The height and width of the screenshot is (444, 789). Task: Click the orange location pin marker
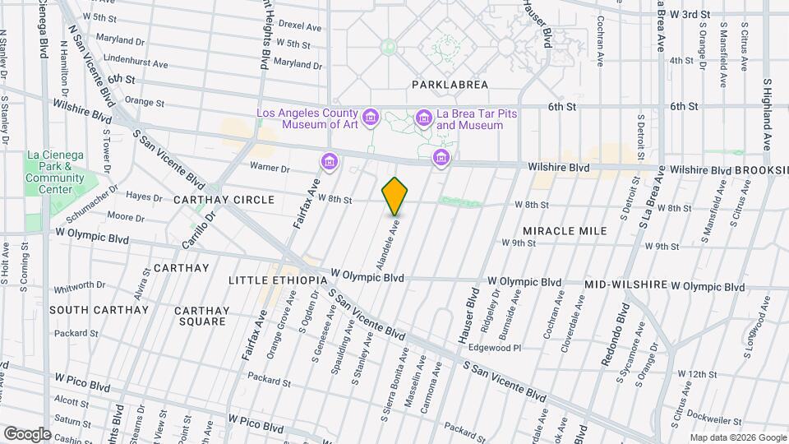[394, 197]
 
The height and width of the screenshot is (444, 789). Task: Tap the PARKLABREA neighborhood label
[450, 85]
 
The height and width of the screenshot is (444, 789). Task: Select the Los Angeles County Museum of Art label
[307, 119]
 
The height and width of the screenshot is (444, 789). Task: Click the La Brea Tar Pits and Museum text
[469, 119]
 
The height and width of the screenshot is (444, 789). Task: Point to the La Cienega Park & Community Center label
[55, 172]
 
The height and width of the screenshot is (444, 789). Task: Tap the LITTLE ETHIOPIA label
[278, 280]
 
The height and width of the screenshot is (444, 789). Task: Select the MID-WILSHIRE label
[625, 284]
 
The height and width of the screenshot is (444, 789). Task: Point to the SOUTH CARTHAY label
[99, 310]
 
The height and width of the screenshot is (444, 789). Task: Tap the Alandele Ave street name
[385, 244]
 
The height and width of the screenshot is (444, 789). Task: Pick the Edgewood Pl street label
[495, 348]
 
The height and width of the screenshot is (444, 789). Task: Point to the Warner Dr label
[270, 169]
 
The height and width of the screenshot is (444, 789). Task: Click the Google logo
[26, 433]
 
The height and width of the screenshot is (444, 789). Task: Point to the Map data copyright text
[736, 437]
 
